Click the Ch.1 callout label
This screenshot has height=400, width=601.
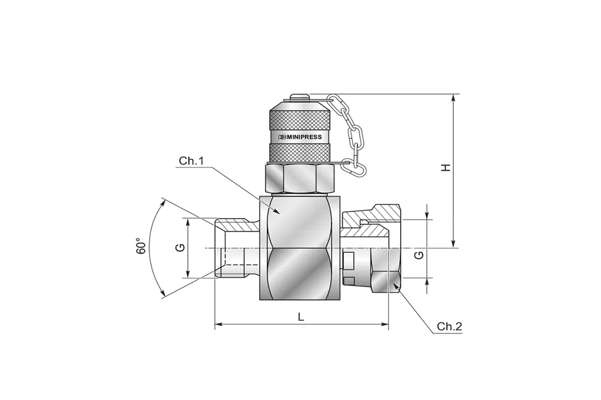[192, 162]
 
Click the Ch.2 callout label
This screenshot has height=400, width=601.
[449, 327]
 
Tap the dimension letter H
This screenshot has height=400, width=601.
[445, 168]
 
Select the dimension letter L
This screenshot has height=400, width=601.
[301, 317]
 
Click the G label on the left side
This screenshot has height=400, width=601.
[179, 247]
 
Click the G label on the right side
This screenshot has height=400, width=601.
[419, 255]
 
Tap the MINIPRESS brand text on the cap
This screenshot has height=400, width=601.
[300, 137]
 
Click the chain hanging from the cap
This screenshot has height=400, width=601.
[355, 135]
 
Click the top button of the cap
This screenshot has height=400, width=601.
[299, 96]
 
